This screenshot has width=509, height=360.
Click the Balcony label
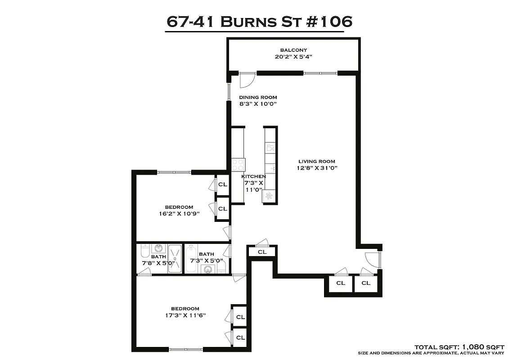293,50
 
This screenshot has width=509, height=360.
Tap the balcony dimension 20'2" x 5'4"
293,57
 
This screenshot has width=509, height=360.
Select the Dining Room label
258,97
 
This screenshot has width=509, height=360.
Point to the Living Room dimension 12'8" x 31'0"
317,168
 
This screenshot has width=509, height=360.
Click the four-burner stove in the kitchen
238,165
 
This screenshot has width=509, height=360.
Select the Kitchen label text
253,176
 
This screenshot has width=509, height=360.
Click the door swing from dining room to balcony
247,81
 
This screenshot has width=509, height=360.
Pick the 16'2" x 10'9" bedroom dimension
179,214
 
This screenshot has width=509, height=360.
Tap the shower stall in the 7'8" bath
175,259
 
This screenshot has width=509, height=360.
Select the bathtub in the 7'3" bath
191,259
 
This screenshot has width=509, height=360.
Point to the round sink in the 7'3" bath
207,270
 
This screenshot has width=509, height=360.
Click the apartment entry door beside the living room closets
374,260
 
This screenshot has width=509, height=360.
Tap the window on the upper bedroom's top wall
174,171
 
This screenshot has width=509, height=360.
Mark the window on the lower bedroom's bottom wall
186,349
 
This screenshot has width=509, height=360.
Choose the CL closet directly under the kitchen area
262,252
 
